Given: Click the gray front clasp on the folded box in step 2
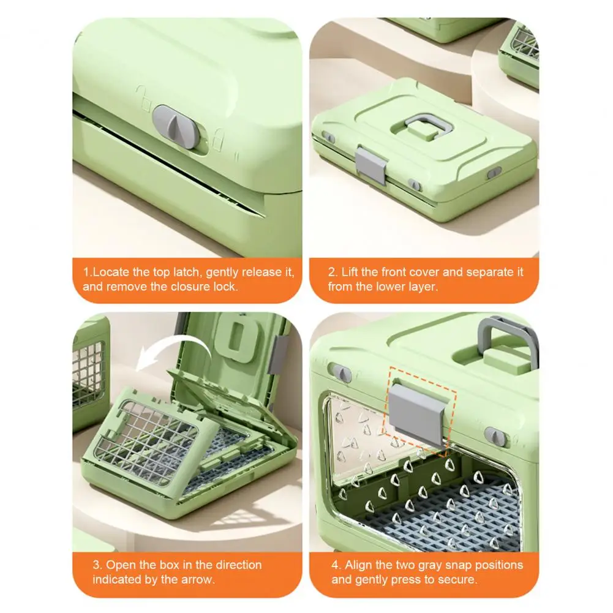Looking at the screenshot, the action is point(370,165).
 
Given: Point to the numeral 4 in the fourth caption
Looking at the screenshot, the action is point(336,565).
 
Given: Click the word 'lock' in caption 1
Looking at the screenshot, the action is point(224,287).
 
